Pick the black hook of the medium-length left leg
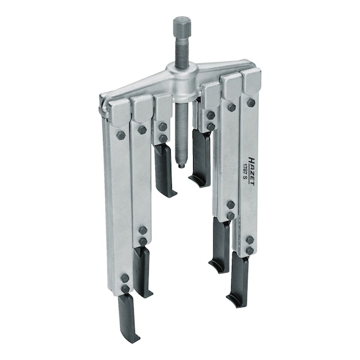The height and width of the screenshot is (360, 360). click(x=143, y=272)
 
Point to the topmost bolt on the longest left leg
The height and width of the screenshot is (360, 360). click(x=121, y=134)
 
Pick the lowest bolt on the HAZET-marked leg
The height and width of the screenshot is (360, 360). click(x=249, y=250)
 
